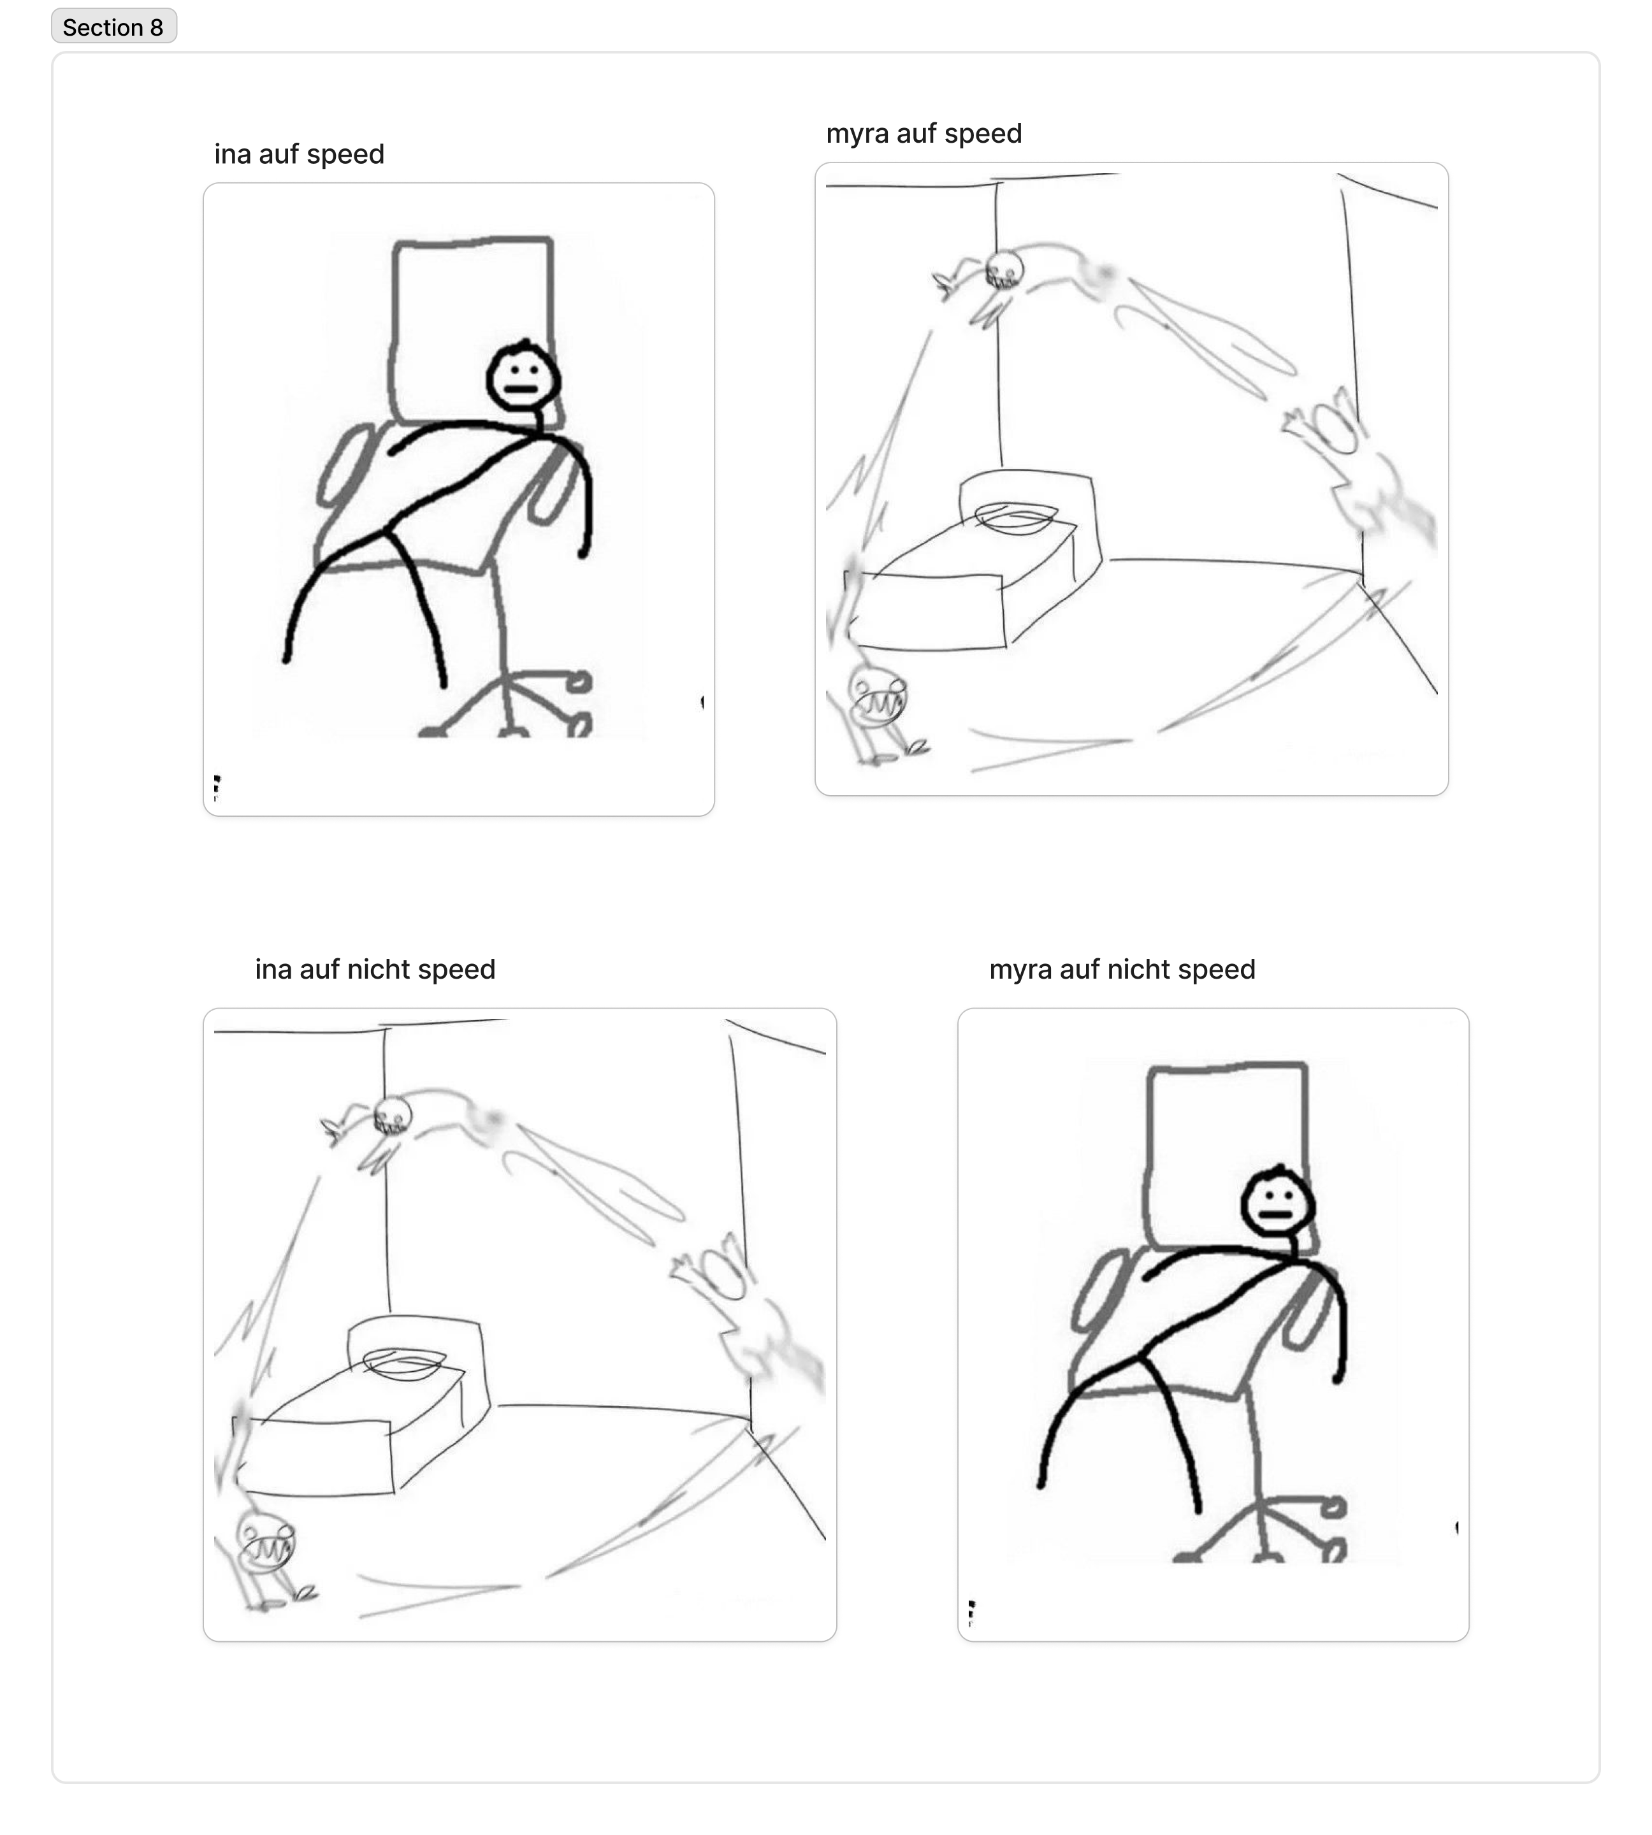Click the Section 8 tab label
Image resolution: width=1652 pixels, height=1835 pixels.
point(113,27)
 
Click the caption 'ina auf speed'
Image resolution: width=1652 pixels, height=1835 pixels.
point(299,154)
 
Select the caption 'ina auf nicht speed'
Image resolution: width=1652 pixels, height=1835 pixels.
point(375,969)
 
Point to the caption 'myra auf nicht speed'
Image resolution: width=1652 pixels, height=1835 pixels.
point(1122,969)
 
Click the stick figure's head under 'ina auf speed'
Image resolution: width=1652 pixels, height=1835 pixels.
point(523,376)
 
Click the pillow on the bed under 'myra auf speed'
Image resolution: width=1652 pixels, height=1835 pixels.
point(1016,518)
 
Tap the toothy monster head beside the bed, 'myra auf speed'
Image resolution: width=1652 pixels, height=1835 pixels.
point(877,696)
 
